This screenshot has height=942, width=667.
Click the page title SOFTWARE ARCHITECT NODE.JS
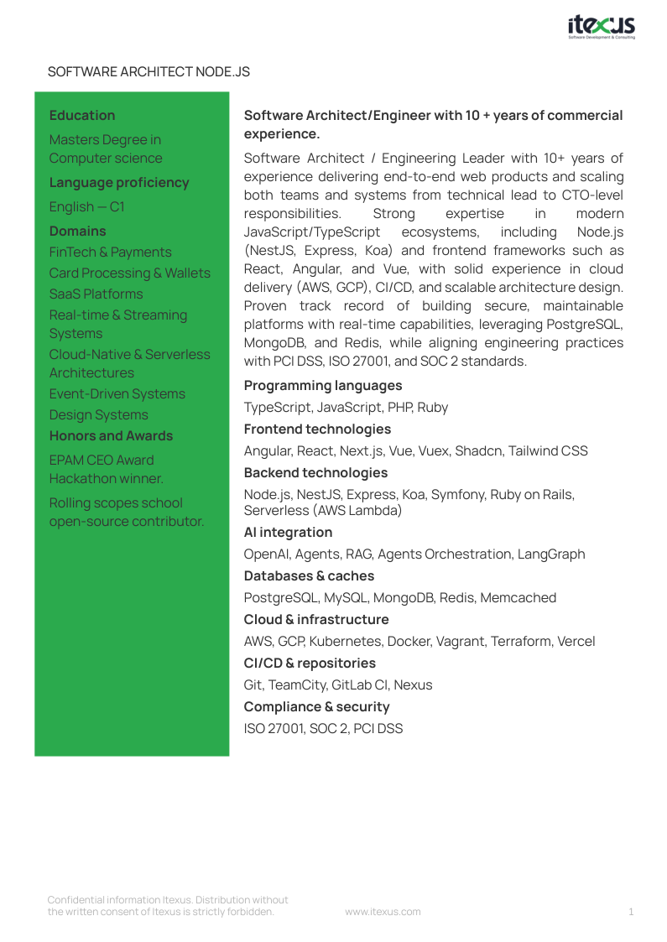[x=149, y=72]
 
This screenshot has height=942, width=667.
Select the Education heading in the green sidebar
[x=82, y=116]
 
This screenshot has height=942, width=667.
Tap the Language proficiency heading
[x=119, y=183]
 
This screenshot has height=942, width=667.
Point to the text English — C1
[x=86, y=207]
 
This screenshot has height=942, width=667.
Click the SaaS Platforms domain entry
[x=96, y=294]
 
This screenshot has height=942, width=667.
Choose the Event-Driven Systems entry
[x=117, y=394]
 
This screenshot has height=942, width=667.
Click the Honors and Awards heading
[x=111, y=436]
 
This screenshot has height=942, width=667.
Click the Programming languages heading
[x=323, y=386]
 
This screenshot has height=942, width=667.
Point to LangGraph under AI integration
[x=551, y=554]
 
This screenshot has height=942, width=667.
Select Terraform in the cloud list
[x=519, y=642]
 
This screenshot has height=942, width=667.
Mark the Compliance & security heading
[x=316, y=707]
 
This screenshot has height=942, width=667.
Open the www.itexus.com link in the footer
[x=383, y=912]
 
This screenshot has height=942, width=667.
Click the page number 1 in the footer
[x=631, y=912]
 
